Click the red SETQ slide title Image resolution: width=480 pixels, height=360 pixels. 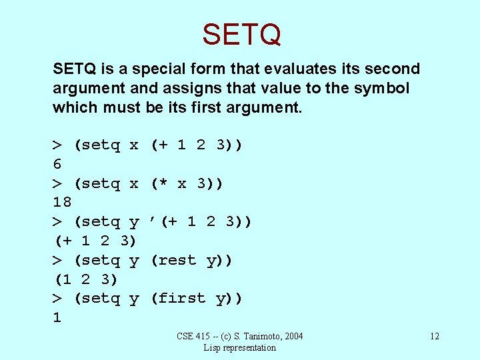coord(241,34)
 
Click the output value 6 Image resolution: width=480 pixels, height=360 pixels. coord(57,164)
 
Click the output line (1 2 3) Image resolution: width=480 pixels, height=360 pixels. coord(85,279)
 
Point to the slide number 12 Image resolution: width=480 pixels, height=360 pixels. coord(434,336)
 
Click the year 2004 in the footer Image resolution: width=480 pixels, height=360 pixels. coord(292,336)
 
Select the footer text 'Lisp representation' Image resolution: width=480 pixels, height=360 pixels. coord(240,347)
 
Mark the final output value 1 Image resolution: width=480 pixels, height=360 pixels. coord(57,317)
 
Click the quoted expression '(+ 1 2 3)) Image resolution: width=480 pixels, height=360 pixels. coord(201,221)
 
